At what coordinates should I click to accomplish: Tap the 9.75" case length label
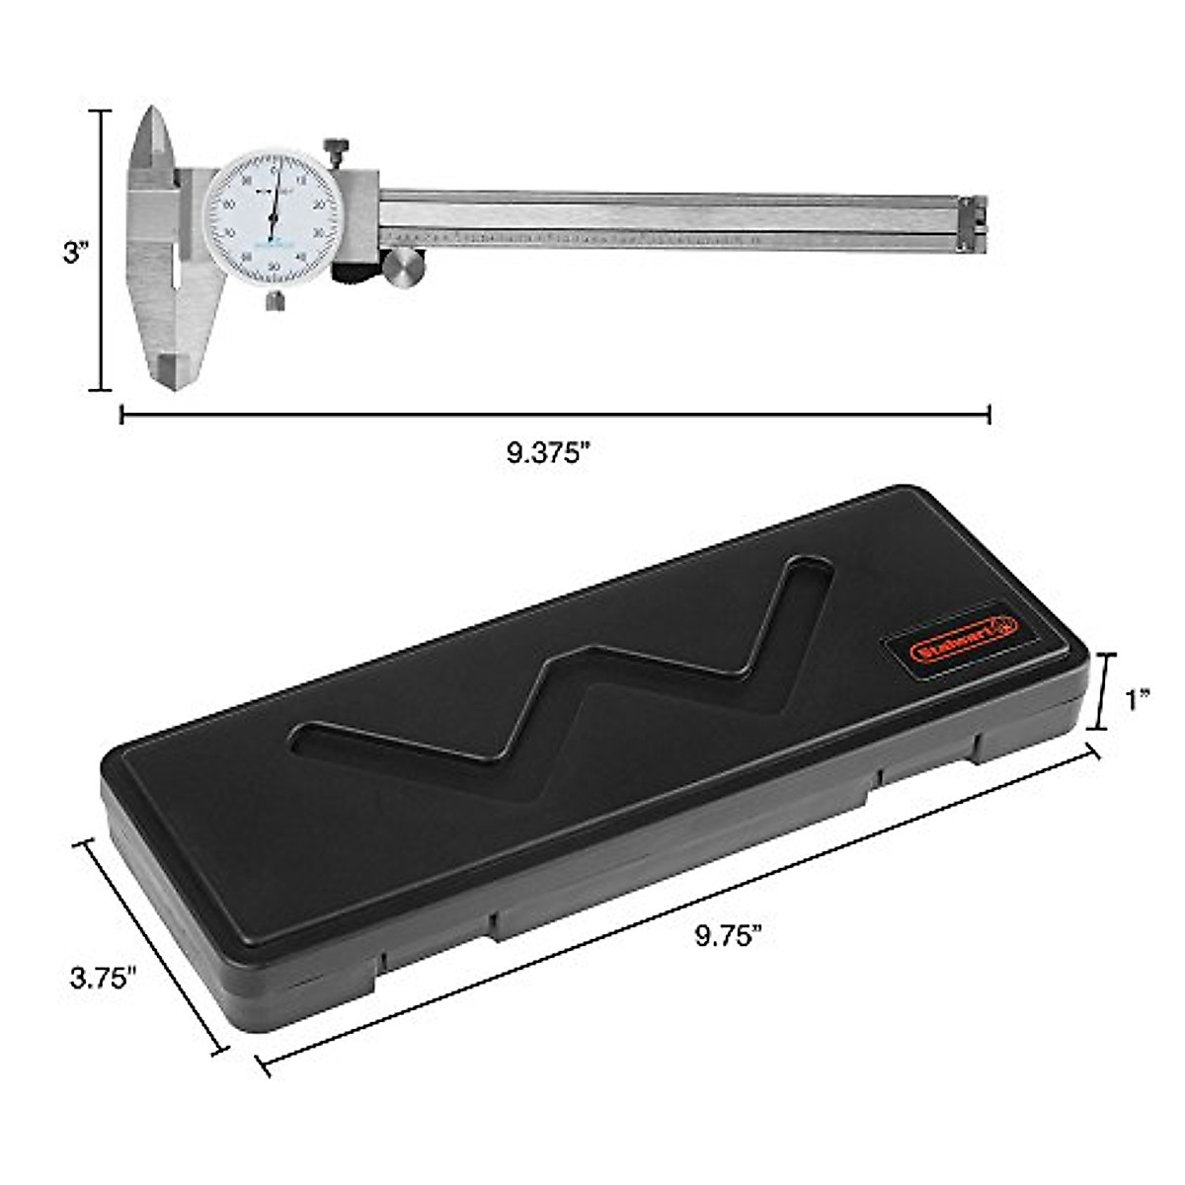[729, 935]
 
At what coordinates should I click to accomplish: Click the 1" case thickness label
[1138, 700]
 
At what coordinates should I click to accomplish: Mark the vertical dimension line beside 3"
[100, 251]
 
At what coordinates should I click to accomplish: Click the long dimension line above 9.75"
[681, 907]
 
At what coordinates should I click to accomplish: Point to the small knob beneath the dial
[276, 300]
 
